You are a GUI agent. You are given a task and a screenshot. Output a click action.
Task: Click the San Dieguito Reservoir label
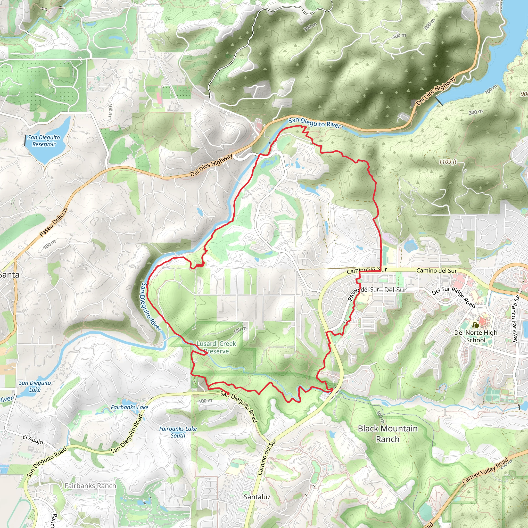[x=44, y=141]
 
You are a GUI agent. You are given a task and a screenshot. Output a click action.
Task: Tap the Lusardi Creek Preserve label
[x=216, y=347]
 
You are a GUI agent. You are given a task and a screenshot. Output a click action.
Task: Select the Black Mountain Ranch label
[x=387, y=434]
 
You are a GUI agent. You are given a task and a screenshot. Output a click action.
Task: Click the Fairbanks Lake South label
[x=178, y=432]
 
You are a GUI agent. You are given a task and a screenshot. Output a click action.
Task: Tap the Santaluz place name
[x=257, y=497]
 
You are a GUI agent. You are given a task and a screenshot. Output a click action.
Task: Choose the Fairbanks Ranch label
[x=90, y=486]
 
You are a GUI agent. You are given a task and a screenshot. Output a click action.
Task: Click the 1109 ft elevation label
[x=447, y=162]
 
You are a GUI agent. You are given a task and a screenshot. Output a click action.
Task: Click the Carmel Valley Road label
[x=485, y=471]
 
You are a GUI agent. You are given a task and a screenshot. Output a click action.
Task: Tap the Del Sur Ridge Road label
[x=453, y=297]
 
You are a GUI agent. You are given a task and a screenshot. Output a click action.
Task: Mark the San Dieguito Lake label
[x=35, y=386]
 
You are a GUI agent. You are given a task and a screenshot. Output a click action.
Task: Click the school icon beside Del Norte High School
[x=476, y=325]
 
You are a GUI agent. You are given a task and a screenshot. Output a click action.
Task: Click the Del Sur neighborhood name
[x=395, y=290]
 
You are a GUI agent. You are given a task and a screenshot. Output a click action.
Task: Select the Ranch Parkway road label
[x=516, y=319]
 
